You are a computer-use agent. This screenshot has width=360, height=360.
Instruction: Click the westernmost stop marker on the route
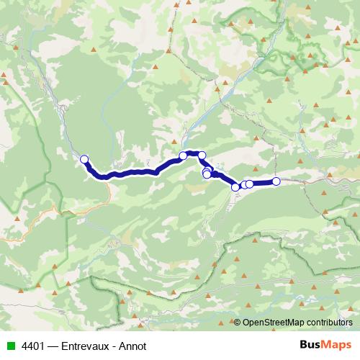[84, 159]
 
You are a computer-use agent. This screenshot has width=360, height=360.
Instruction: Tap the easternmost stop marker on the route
[276, 181]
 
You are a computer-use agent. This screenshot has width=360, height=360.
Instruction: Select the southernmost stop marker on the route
[235, 187]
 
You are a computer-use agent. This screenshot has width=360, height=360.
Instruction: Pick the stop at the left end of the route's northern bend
[183, 156]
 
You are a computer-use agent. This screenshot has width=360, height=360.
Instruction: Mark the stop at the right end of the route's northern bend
[202, 156]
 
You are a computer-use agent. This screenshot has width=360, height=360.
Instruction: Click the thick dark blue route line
[137, 172]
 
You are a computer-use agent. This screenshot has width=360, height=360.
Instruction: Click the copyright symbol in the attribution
[238, 323]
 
